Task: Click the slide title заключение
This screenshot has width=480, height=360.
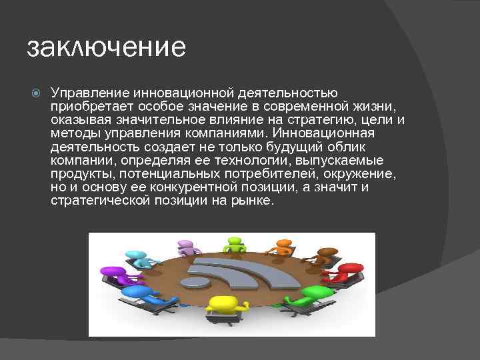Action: [106, 49]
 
